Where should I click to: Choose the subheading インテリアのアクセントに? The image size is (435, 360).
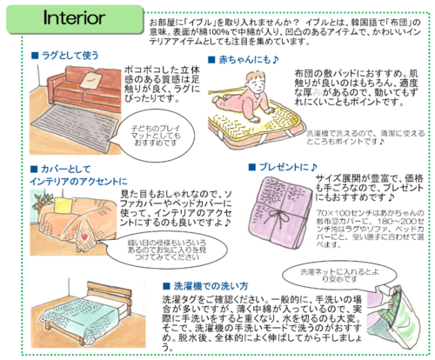pos(74,179)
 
